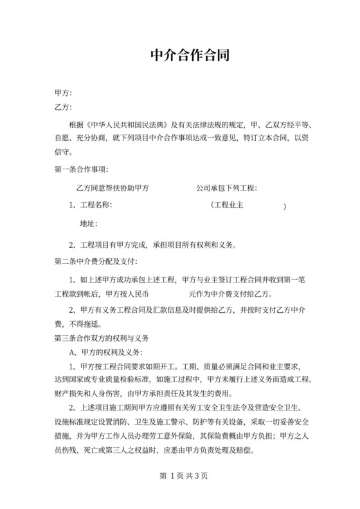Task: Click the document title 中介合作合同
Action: point(180,55)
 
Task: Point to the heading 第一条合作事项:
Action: point(81,170)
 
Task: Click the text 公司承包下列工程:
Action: point(226,188)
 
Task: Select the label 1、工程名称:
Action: point(91,205)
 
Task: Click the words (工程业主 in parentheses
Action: point(231,205)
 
